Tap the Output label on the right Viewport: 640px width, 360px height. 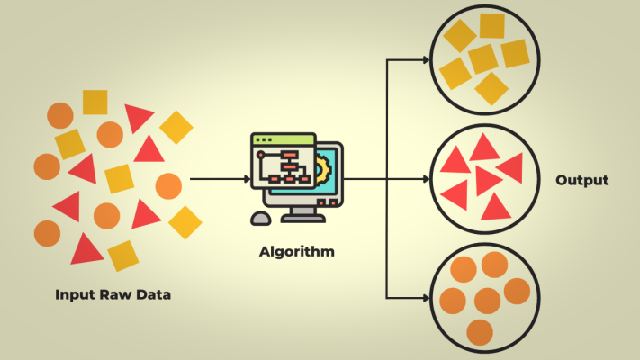tap(581, 180)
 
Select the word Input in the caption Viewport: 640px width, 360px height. tap(76, 294)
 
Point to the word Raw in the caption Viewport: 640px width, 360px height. tap(118, 294)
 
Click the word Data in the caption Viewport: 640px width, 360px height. tap(153, 294)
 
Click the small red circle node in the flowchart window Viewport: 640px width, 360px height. tap(262, 156)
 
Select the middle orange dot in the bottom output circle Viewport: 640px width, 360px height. tap(487, 300)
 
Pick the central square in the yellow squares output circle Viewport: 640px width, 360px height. tap(483, 58)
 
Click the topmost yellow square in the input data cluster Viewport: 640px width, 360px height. tap(95, 102)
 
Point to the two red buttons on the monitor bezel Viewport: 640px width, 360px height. tap(332, 203)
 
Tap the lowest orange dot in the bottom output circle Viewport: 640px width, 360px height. tap(480, 332)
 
